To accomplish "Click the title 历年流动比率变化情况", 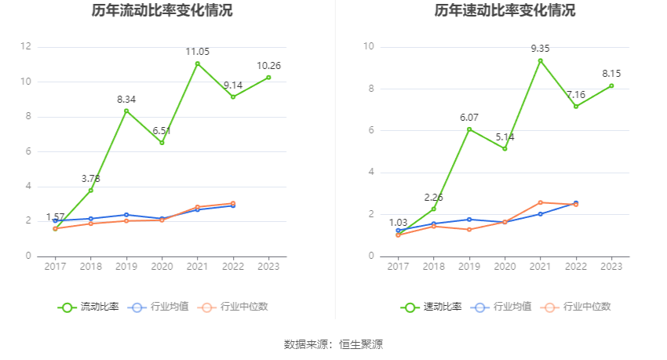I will (162, 11).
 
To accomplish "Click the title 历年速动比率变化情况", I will (505, 11).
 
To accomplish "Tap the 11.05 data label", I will (198, 52).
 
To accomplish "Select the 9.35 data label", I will (540, 49).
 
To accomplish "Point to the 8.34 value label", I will (126, 100).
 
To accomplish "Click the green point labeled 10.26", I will (268, 77).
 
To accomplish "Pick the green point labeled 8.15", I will (611, 85).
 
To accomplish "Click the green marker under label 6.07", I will (469, 129).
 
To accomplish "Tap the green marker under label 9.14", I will (233, 96).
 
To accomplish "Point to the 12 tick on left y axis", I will (26, 47).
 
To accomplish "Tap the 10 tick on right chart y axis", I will (369, 47).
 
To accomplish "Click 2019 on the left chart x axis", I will (126, 267).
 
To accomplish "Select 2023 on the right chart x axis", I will (611, 267).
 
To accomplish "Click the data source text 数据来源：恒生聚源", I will (333, 344).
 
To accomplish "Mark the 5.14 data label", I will (505, 136).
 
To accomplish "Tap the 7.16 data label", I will (576, 95).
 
